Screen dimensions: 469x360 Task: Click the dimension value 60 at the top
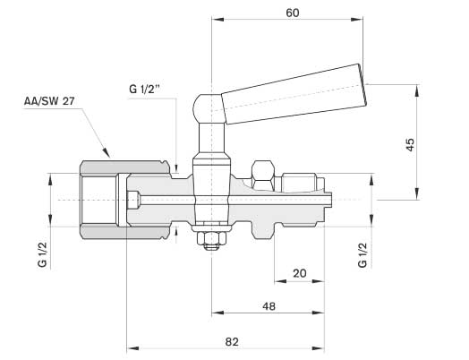292,13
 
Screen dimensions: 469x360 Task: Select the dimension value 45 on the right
410,144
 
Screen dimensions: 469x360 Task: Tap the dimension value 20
300,273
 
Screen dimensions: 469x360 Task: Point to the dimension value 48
269,306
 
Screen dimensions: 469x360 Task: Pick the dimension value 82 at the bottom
232,341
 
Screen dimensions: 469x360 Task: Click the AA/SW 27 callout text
49,101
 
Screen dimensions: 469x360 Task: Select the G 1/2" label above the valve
147,89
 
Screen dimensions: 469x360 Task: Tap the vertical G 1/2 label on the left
42,254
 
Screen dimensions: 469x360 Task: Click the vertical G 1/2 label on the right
362,255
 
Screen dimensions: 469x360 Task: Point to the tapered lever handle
294,94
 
